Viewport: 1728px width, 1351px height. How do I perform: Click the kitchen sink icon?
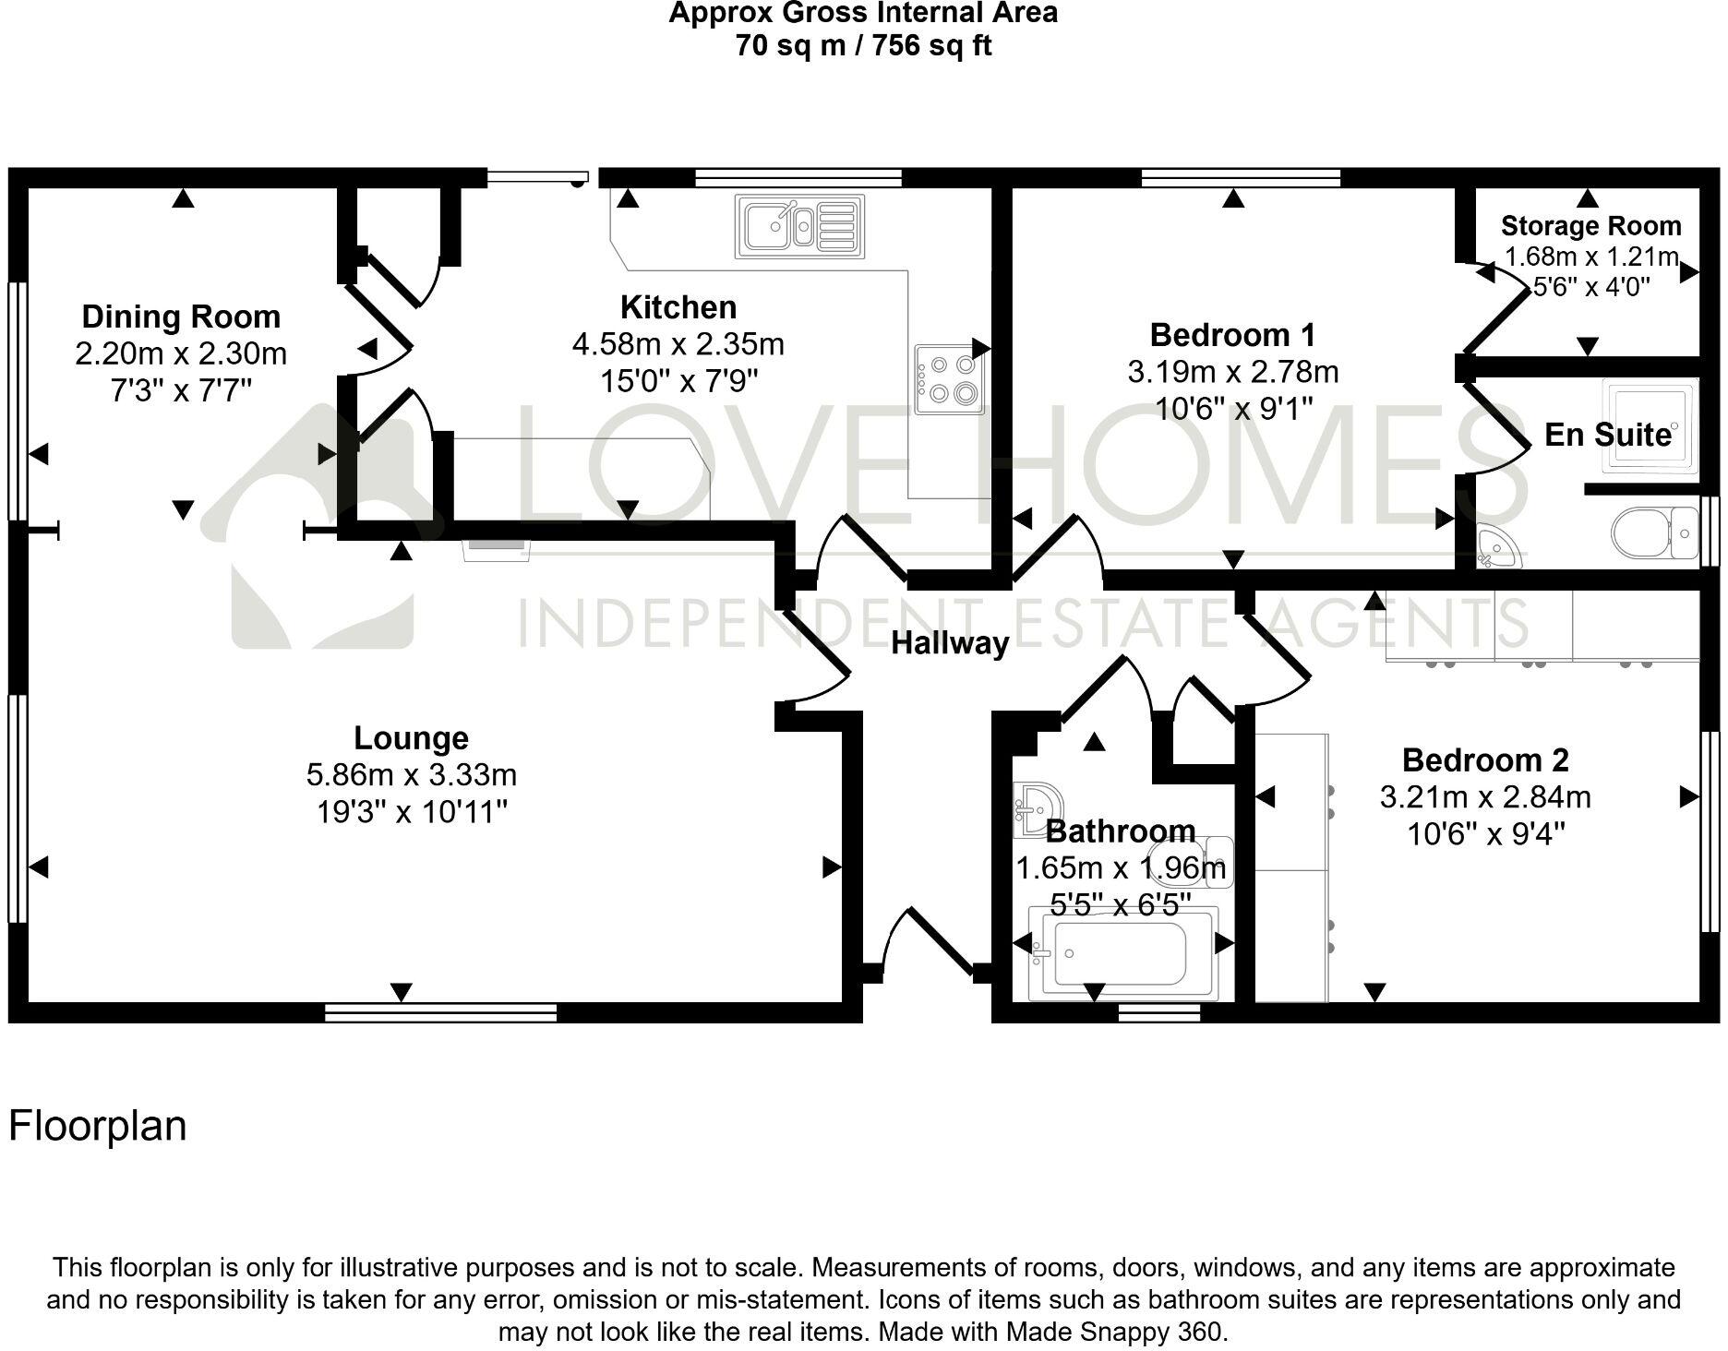tap(799, 226)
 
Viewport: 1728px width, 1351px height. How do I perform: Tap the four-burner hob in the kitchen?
tap(949, 379)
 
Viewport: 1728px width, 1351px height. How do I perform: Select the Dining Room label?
tap(181, 317)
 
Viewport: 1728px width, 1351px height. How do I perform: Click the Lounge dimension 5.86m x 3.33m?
tap(411, 774)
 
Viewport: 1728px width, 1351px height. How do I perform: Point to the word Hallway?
tap(950, 643)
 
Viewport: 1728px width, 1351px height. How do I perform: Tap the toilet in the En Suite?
tap(1652, 532)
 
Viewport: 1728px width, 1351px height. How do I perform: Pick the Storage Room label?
tap(1590, 226)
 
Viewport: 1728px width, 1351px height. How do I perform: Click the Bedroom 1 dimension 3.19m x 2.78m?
tap(1232, 372)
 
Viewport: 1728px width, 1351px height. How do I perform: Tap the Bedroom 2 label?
tap(1484, 759)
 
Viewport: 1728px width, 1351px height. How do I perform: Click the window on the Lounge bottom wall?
tap(441, 1012)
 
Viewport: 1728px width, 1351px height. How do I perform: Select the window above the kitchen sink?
tap(798, 177)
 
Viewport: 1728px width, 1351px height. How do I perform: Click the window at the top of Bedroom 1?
tap(1241, 177)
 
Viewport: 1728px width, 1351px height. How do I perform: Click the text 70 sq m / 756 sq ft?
tap(863, 45)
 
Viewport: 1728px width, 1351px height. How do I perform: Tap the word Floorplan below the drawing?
tap(98, 1126)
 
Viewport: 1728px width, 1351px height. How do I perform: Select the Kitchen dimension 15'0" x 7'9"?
tap(678, 380)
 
